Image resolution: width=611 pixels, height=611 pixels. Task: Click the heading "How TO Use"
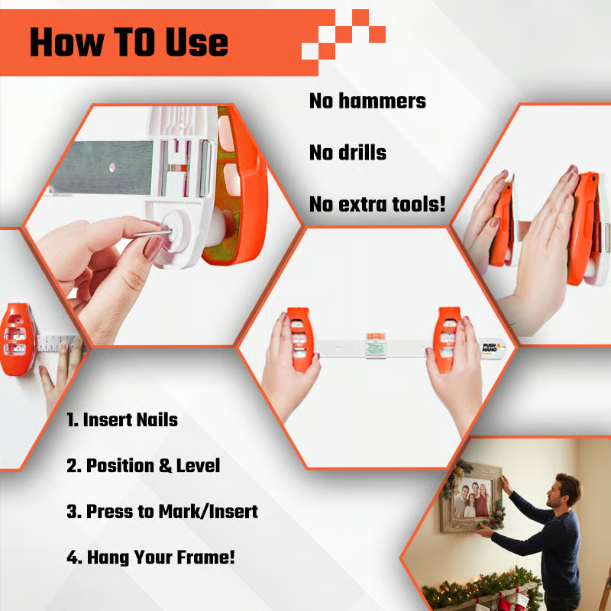click(x=128, y=42)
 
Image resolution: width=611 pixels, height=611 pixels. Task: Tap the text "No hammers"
click(x=367, y=101)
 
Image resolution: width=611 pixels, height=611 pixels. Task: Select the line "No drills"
click(x=348, y=152)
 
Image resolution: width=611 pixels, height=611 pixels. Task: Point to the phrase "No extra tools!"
click(x=377, y=205)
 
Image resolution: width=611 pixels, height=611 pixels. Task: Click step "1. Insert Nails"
click(x=122, y=419)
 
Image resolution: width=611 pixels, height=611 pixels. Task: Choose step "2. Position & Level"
click(x=143, y=465)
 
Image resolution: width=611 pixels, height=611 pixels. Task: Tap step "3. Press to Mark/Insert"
click(x=162, y=511)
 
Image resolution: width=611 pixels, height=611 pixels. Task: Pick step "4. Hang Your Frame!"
click(x=150, y=557)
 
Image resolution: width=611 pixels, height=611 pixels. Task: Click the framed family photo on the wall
click(x=474, y=500)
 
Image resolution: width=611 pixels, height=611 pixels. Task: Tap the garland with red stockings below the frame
click(x=489, y=592)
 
